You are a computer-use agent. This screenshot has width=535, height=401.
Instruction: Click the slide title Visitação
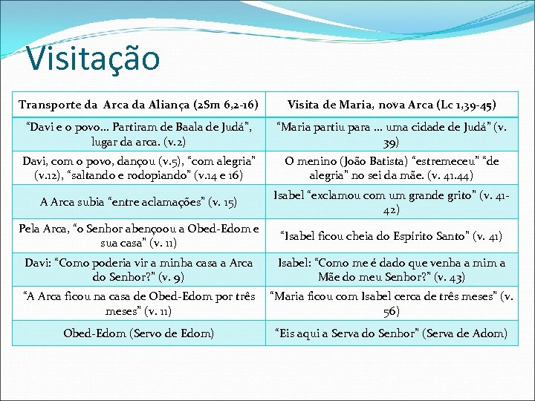(x=92, y=58)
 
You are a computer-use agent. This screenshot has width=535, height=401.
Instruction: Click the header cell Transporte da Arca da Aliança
(x=138, y=105)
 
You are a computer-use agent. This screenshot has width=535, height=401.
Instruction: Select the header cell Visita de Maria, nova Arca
(x=392, y=105)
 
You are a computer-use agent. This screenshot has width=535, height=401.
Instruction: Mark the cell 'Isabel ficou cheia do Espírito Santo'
(x=392, y=237)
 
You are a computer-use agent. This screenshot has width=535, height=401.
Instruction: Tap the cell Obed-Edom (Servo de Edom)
(x=138, y=333)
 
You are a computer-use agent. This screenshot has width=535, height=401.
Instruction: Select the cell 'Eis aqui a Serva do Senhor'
(x=392, y=333)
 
